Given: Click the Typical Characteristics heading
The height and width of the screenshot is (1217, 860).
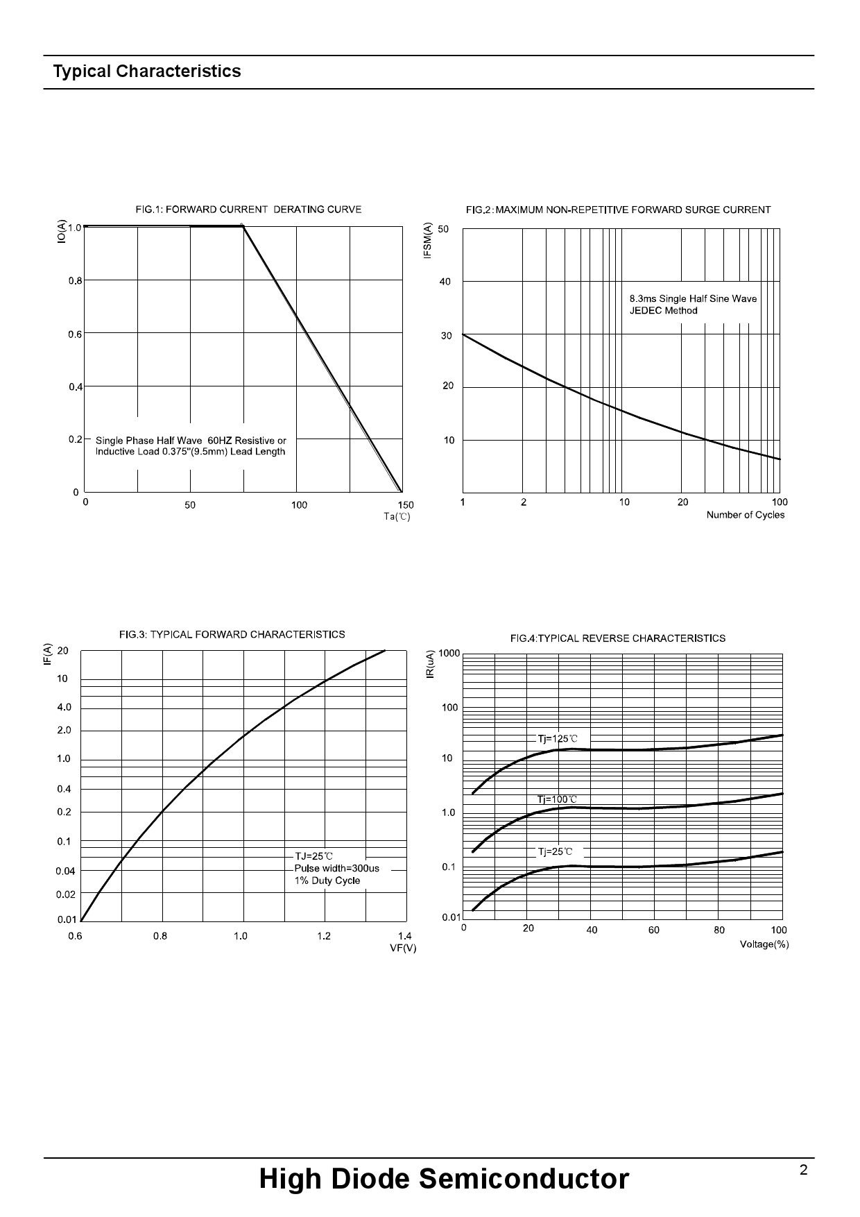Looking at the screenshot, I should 147,71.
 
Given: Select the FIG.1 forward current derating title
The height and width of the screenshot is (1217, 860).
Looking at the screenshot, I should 248,209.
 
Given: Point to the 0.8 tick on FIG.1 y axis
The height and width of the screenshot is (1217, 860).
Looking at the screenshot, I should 75,281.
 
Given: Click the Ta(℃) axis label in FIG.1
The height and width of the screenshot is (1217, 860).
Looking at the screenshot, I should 397,516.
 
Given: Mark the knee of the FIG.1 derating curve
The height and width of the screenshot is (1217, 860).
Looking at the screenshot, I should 243,225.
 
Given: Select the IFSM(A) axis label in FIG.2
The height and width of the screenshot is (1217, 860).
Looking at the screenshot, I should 428,241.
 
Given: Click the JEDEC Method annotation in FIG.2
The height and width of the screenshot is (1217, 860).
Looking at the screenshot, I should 663,310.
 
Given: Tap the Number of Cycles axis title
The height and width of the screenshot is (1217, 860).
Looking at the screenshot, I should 745,515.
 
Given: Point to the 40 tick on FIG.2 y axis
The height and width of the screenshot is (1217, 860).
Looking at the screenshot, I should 445,282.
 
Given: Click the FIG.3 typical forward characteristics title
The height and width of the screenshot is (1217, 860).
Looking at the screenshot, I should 232,634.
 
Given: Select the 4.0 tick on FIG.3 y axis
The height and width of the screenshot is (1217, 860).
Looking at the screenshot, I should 64,708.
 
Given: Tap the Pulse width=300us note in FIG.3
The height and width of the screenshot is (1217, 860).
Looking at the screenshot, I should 337,868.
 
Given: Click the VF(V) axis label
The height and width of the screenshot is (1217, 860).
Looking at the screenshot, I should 403,948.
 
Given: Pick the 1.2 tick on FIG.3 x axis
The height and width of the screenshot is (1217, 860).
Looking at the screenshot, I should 324,936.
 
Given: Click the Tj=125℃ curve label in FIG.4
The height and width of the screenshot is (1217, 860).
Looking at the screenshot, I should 558,739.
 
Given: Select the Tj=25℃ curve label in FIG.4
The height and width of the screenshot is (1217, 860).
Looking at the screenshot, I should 556,851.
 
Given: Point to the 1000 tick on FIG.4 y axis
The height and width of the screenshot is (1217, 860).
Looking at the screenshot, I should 449,654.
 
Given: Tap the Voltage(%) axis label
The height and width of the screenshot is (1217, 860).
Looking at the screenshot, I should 764,944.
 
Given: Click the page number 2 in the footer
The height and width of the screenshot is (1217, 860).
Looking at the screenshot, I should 803,1171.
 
